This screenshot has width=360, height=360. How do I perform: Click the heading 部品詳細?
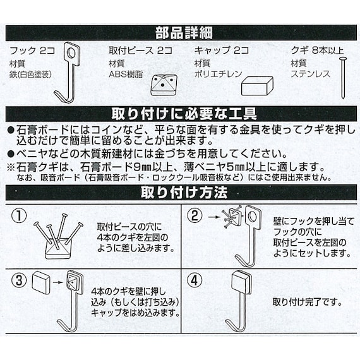[180, 33]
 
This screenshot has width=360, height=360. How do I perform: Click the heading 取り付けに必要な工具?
[180, 114]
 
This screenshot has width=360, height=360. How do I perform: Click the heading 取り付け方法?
[180, 193]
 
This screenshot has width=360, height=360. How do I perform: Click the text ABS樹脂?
[127, 74]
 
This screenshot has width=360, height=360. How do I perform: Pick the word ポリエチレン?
[217, 74]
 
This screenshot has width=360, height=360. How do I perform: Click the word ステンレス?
[309, 74]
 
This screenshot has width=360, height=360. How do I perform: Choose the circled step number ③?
[21, 279]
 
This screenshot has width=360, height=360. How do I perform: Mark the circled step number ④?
[196, 279]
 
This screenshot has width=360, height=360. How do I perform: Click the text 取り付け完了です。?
[307, 302]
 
